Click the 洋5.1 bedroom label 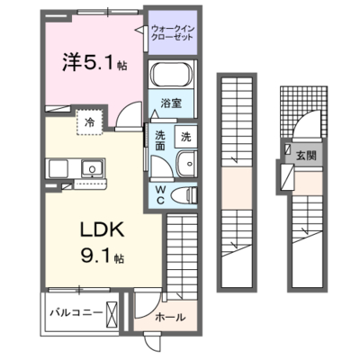click(94, 62)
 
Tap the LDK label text click(102, 230)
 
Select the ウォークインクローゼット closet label click(173, 33)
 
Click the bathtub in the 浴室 click(172, 75)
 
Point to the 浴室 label click(171, 103)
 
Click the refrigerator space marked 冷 click(89, 122)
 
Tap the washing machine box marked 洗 click(186, 137)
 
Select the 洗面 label click(160, 140)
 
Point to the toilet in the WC click(184, 195)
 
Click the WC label click(160, 195)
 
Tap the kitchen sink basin click(92, 168)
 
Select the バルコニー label click(76, 313)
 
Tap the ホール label click(170, 317)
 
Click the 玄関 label click(306, 156)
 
